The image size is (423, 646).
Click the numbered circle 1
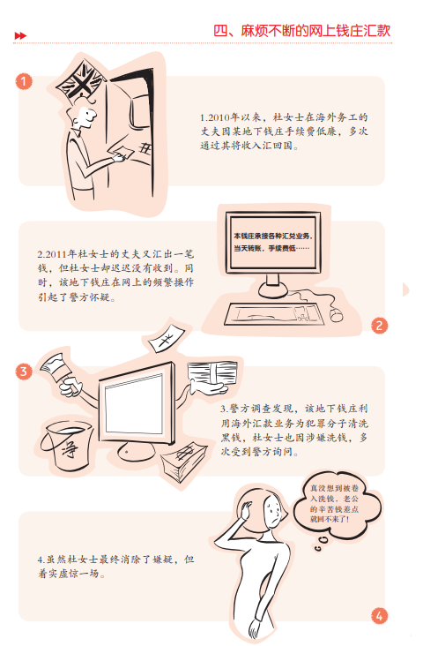click(24, 81)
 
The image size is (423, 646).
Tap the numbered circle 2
click(379, 326)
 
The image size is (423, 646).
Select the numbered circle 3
click(24, 372)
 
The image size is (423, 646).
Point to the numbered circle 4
click(379, 616)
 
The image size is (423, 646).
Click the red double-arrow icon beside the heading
click(20, 36)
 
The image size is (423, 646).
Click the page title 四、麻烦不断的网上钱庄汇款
click(301, 31)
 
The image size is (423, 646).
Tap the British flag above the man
click(81, 80)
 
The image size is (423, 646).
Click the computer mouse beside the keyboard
click(337, 315)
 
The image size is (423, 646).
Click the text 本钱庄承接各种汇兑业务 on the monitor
click(272, 236)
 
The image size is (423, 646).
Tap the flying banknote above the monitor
click(166, 339)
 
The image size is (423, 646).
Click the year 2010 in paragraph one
click(219, 118)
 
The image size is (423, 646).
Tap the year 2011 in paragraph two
click(56, 254)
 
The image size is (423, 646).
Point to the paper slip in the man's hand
click(122, 151)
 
